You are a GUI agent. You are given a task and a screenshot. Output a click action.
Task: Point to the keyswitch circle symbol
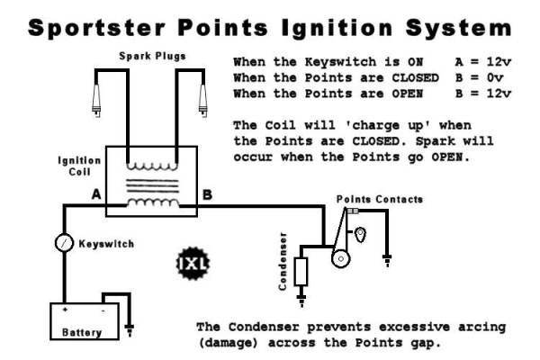tap(63, 242)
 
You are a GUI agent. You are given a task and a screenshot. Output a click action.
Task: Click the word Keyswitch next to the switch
tap(104, 243)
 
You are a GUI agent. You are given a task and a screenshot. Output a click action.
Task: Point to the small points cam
tap(361, 236)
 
